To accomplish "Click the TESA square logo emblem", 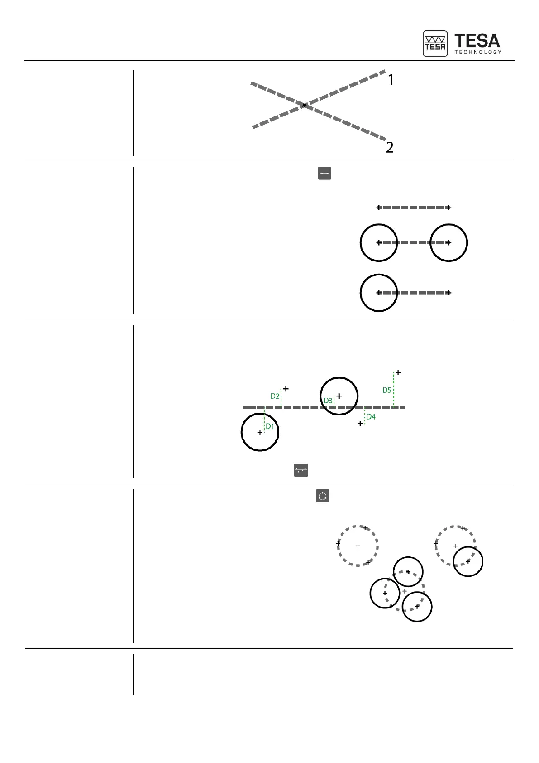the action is pyautogui.click(x=435, y=43).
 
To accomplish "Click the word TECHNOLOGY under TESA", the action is pyautogui.click(x=477, y=52).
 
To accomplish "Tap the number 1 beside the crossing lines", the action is pyautogui.click(x=391, y=80).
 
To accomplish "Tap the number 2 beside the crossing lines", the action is pyautogui.click(x=390, y=147).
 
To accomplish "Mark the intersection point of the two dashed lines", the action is pyautogui.click(x=304, y=106).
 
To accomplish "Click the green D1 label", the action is pyautogui.click(x=270, y=426).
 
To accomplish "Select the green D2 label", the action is pyautogui.click(x=275, y=396).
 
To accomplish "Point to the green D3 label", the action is pyautogui.click(x=328, y=401).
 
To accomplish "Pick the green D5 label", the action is pyautogui.click(x=387, y=390).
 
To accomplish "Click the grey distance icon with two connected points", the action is pyautogui.click(x=324, y=173).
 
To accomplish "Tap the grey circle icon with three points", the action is pyautogui.click(x=322, y=496).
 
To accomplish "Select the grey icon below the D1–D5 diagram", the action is pyautogui.click(x=301, y=470).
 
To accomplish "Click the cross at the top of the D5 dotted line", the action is pyautogui.click(x=398, y=372).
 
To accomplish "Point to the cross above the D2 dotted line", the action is pyautogui.click(x=286, y=389).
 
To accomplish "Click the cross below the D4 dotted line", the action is pyautogui.click(x=360, y=424).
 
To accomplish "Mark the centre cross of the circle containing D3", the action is pyautogui.click(x=339, y=396).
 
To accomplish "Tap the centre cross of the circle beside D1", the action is pyautogui.click(x=260, y=433).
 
